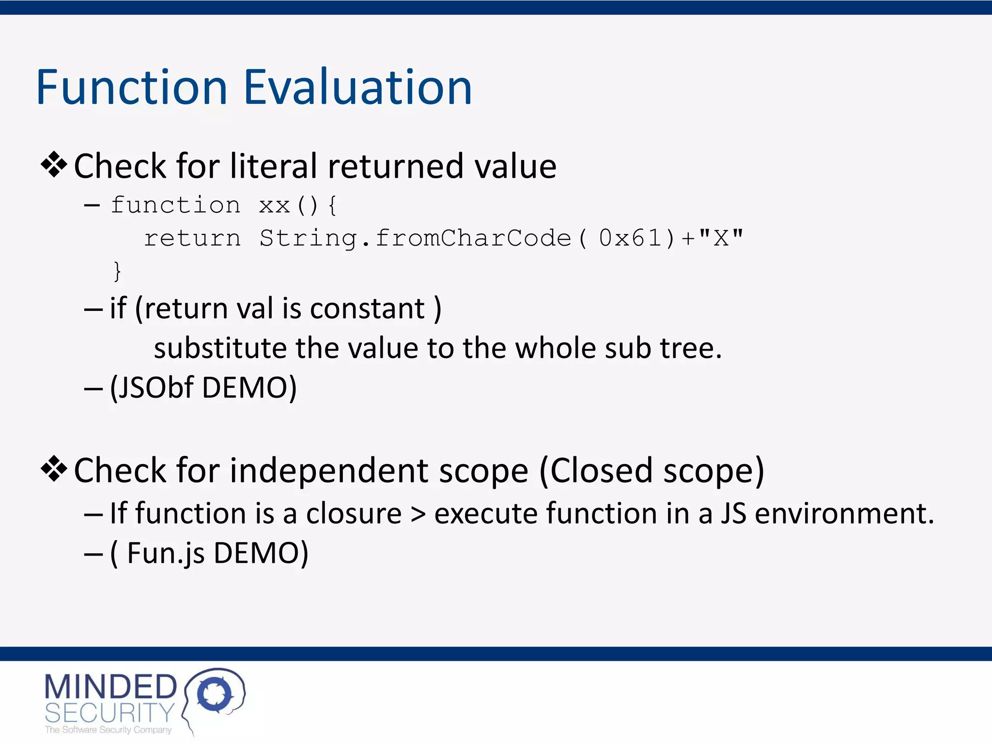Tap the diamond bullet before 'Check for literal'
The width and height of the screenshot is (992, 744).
(54, 165)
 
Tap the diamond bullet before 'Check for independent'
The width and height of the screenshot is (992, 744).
(54, 469)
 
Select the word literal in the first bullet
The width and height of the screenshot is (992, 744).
(273, 166)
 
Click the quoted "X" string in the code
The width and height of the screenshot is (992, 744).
(721, 238)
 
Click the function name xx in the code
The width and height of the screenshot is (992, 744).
(274, 206)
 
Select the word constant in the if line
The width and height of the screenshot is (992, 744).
(367, 309)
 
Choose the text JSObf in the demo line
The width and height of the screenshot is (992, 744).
(155, 387)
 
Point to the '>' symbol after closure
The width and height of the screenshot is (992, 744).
(418, 514)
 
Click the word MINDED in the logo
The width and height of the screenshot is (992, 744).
(110, 687)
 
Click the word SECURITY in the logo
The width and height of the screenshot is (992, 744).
(109, 713)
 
